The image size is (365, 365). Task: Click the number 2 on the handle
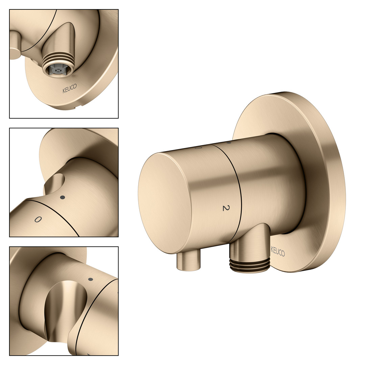coord(226,208)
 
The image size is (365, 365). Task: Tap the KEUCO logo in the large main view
coord(278,251)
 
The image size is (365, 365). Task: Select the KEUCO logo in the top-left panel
coord(69,89)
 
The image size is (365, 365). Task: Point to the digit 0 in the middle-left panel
coord(38,219)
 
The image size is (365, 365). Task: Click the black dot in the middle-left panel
coord(63,197)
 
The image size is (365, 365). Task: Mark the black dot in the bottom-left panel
coord(91,279)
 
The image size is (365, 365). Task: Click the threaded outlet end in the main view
coord(250,265)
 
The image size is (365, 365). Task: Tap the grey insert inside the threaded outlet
coord(57,70)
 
